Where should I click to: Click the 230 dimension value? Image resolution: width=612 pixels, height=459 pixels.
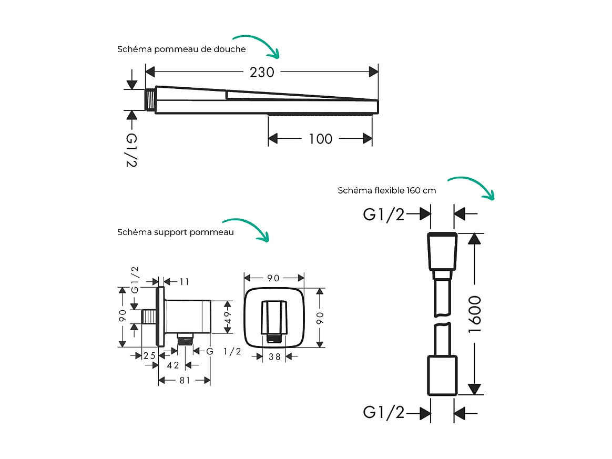click(262, 72)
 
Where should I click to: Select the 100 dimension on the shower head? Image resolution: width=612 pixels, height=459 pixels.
click(320, 139)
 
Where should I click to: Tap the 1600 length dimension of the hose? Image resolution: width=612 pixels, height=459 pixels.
click(474, 314)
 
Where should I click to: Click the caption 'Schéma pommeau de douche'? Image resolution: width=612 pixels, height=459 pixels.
click(181, 49)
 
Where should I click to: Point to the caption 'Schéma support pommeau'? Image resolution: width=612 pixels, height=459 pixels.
click(176, 232)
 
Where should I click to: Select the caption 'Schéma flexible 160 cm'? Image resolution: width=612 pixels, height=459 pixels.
click(387, 190)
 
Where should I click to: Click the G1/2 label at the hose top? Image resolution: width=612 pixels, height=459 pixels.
click(384, 214)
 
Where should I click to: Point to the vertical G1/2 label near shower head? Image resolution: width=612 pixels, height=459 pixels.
click(131, 150)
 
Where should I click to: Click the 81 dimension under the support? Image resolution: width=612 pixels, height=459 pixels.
click(185, 380)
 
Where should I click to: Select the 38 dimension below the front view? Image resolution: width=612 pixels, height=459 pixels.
click(274, 356)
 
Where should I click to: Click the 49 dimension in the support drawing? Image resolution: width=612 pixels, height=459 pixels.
click(228, 317)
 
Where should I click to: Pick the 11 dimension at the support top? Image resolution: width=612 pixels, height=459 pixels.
click(184, 282)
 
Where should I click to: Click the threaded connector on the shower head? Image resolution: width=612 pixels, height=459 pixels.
click(150, 99)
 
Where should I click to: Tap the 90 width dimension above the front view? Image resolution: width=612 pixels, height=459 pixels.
click(274, 278)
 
